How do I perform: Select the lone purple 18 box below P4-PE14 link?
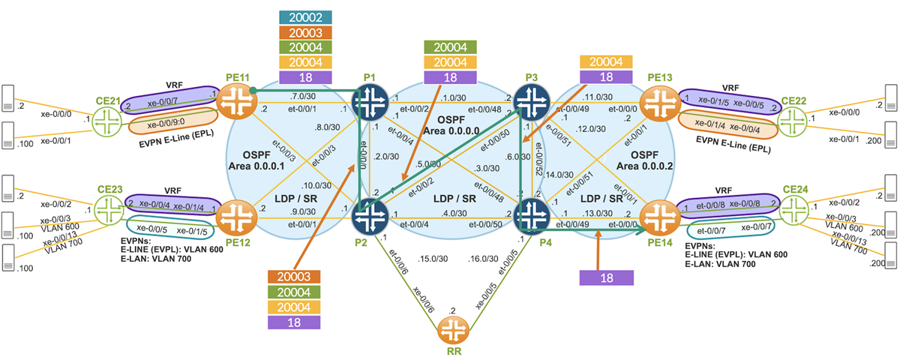(x=607, y=277)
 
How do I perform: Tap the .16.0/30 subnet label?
(x=484, y=258)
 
